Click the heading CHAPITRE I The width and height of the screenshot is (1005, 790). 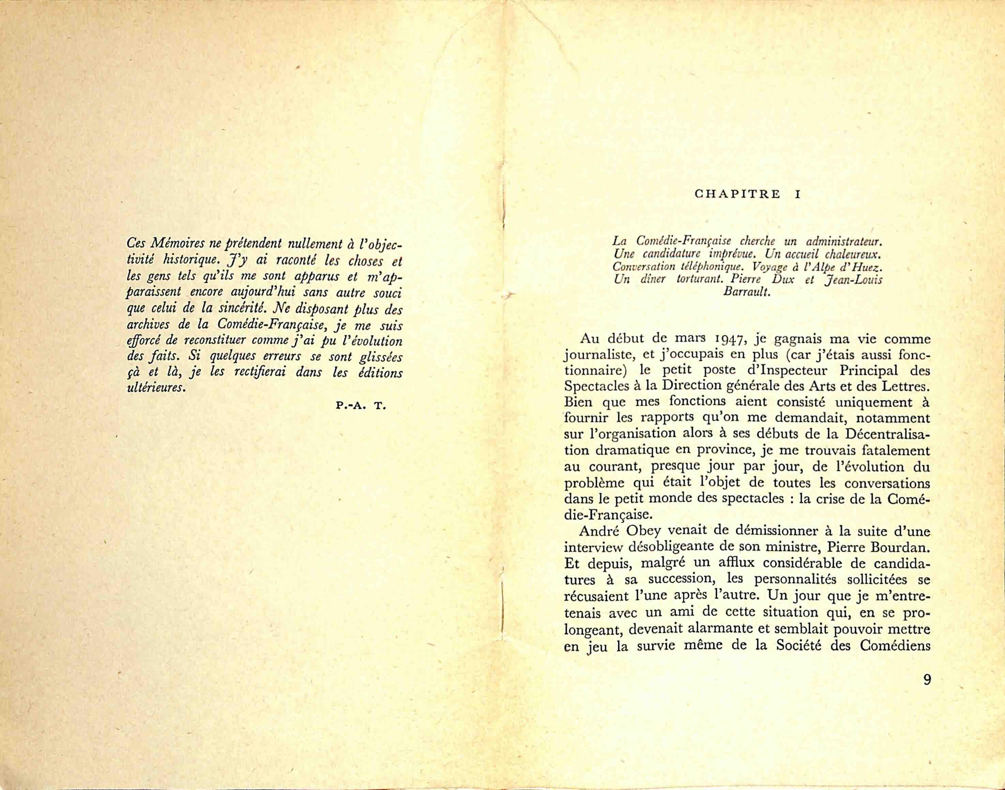(x=747, y=194)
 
